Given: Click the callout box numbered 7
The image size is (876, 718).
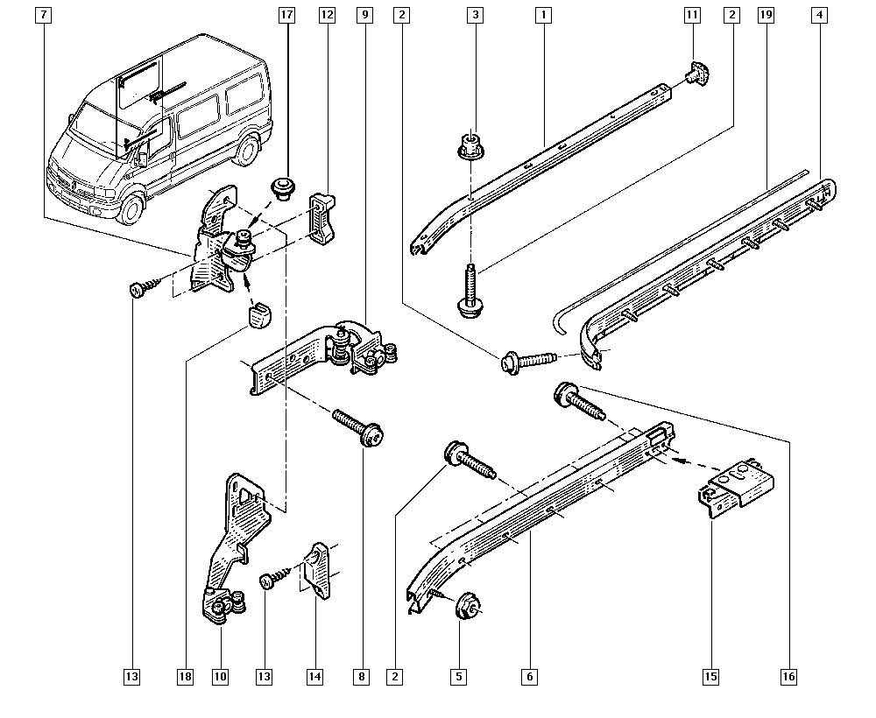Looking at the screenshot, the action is [x=43, y=15].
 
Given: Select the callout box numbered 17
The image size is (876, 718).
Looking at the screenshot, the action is [x=286, y=15].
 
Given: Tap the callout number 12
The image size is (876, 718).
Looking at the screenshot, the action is [x=327, y=15].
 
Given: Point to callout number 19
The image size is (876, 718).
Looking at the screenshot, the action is [x=766, y=15].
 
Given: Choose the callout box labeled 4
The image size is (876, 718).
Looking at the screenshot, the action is [x=820, y=15].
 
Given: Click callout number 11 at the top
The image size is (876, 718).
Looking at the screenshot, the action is [x=692, y=15].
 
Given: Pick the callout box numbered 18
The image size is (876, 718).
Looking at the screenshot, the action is [x=185, y=677].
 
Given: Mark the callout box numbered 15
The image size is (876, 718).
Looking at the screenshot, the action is [x=710, y=677].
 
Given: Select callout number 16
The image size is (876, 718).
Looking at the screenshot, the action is [x=789, y=677].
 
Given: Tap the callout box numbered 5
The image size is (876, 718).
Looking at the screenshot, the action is [x=459, y=677].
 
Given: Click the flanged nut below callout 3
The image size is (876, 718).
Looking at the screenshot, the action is [x=471, y=145].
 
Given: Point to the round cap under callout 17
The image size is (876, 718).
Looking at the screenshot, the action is [x=282, y=189].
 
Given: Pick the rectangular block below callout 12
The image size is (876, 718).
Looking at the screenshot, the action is [x=323, y=220].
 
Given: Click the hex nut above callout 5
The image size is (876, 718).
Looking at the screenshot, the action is [x=468, y=606].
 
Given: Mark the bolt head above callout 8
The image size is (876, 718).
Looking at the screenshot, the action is [x=373, y=434].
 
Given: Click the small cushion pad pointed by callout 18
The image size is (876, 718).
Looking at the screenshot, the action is [x=258, y=316].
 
